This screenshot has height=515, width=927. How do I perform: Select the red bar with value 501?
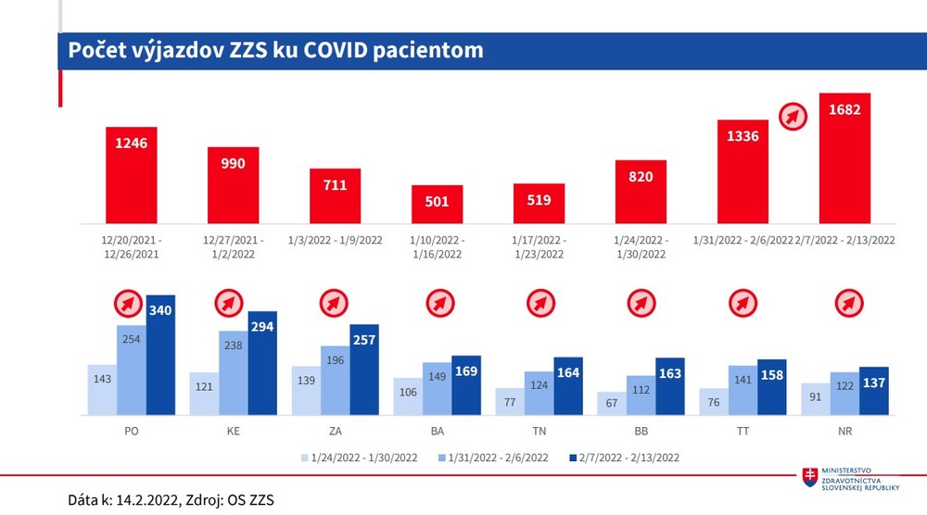[437, 204]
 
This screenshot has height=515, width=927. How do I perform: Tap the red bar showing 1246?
[131, 175]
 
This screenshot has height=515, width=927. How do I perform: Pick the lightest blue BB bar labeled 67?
[612, 403]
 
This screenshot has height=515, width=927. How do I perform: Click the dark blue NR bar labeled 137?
[873, 390]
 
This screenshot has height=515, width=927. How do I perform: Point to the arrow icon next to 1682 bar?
[792, 116]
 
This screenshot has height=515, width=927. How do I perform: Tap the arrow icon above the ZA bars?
[335, 303]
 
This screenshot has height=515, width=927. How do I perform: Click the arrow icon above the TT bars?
[743, 303]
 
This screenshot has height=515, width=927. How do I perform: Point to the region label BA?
[437, 432]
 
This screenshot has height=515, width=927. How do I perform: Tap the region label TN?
[539, 432]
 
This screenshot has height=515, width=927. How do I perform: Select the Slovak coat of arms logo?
[811, 477]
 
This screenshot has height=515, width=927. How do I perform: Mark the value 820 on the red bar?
[641, 177]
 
